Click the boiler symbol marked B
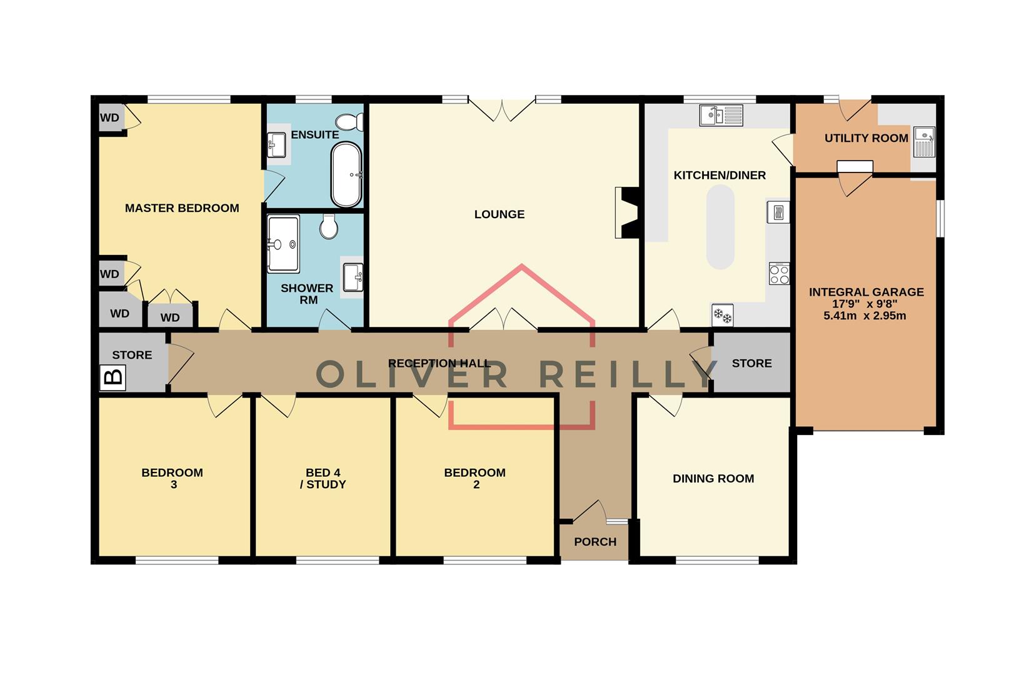pos(113,378)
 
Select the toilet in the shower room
pos(329,226)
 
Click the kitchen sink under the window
pos(721,115)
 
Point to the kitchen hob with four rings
pos(779,274)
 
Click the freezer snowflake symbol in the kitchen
pos(723,316)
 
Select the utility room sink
pos(923,141)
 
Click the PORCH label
pos(595,542)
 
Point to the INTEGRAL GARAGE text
pos(866,292)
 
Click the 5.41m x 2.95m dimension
pos(865,316)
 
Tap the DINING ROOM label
pos(713,479)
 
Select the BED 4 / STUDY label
pos(323,479)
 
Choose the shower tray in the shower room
pos(283,244)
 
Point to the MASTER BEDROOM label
pos(182,208)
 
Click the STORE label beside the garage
pos(751,363)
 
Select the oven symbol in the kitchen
pos(778,212)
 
